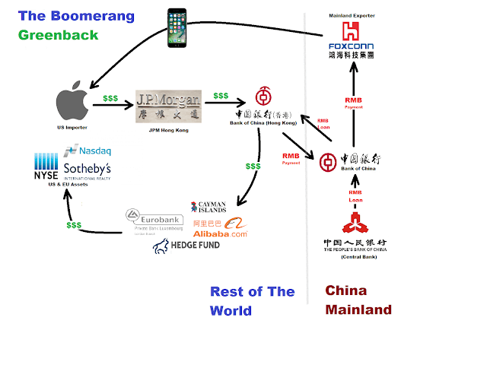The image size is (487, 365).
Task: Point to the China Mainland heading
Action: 358,300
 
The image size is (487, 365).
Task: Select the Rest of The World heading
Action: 252,301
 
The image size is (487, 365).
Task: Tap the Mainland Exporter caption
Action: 352,15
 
